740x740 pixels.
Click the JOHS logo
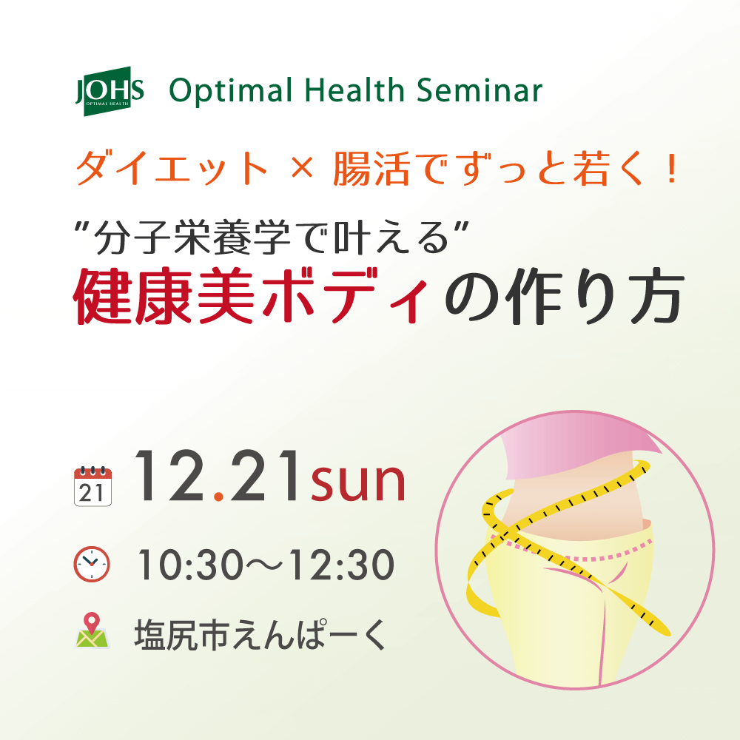pyautogui.click(x=110, y=91)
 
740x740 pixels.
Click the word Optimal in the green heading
pyautogui.click(x=231, y=91)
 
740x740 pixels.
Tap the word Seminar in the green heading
pyautogui.click(x=480, y=90)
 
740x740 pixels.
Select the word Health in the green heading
pyautogui.click(x=354, y=90)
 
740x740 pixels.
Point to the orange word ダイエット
pyautogui.click(x=172, y=169)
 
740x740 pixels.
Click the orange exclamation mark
pyautogui.click(x=670, y=169)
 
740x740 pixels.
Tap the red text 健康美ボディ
pyautogui.click(x=251, y=296)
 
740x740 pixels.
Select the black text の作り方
pyautogui.click(x=565, y=297)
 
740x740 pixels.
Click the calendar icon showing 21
pyautogui.click(x=93, y=486)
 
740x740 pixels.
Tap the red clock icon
pyautogui.click(x=92, y=564)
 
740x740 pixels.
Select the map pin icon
pyautogui.click(x=92, y=630)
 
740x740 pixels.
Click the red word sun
pyautogui.click(x=358, y=482)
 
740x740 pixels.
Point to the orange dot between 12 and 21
pyautogui.click(x=218, y=496)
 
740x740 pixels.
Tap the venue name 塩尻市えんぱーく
pyautogui.click(x=260, y=635)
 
